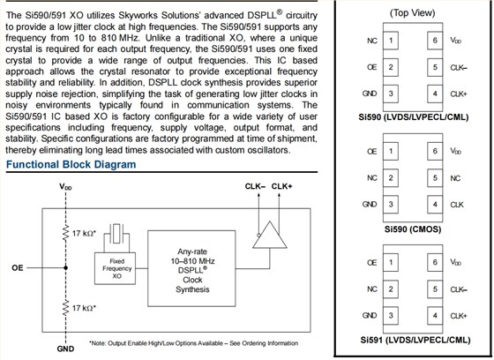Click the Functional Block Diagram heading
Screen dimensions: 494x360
71,164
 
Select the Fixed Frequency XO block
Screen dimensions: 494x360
116,268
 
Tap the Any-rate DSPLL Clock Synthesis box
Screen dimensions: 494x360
191,268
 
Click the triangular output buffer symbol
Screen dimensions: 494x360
270,235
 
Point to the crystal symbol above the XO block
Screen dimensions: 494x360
116,234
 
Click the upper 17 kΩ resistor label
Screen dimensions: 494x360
84,234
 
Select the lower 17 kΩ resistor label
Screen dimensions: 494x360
84,308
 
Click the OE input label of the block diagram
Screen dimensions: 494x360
18,268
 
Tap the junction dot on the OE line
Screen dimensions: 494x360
65,268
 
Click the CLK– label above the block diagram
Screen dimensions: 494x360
255,186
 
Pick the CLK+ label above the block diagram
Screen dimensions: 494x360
281,186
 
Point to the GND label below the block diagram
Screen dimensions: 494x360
65,349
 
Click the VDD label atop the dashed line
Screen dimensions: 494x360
65,187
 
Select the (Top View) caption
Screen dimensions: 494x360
413,13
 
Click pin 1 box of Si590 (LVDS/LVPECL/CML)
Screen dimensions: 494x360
391,41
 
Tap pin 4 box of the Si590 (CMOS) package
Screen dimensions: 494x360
435,205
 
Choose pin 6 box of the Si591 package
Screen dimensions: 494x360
435,262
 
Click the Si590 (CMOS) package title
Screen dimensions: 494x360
413,229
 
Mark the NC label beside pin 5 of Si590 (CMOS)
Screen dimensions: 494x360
455,178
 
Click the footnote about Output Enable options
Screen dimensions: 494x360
193,343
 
